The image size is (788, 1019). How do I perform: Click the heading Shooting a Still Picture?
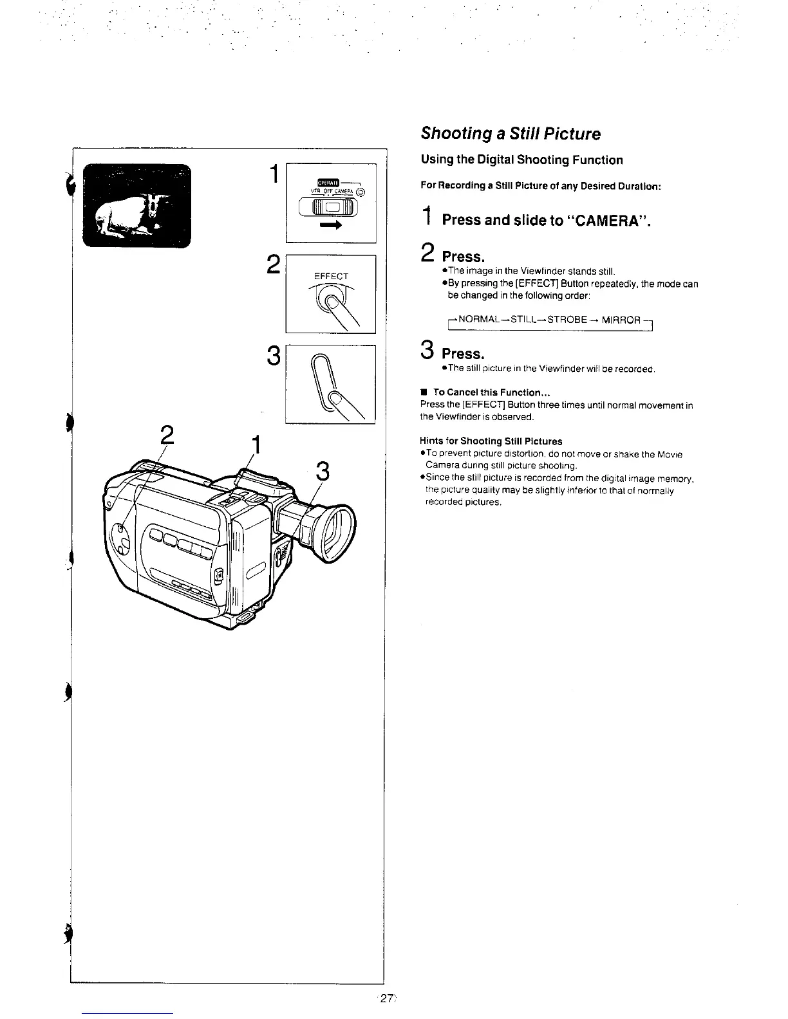pyautogui.click(x=510, y=134)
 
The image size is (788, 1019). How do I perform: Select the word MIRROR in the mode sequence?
pyautogui.click(x=621, y=320)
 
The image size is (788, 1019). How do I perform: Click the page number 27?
pyautogui.click(x=387, y=999)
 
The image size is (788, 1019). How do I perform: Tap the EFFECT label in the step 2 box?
pyautogui.click(x=331, y=277)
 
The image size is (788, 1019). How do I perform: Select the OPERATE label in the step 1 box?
pyautogui.click(x=323, y=181)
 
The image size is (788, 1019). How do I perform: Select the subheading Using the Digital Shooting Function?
pyautogui.click(x=521, y=160)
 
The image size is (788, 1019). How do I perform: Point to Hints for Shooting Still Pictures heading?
pyautogui.click(x=491, y=441)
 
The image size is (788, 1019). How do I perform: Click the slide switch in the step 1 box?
pyautogui.click(x=330, y=207)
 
